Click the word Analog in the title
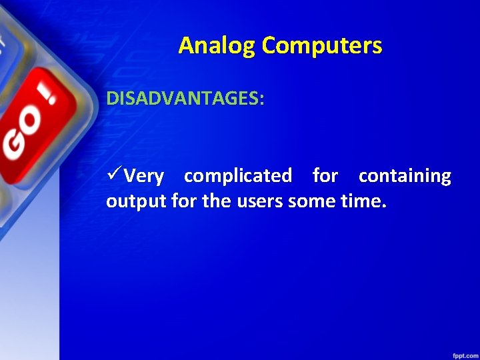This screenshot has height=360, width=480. [x=217, y=46]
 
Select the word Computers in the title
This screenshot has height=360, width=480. [x=322, y=46]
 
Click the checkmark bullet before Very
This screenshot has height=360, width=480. [x=114, y=175]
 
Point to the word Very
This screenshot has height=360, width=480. [x=144, y=177]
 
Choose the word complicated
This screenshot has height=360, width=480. [x=238, y=176]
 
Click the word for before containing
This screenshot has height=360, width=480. [x=325, y=176]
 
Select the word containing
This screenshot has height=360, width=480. [x=405, y=176]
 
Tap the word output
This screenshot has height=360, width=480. [x=136, y=201]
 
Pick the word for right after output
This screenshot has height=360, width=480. [x=184, y=201]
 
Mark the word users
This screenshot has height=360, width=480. [x=259, y=201]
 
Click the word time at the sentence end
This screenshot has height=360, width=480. [x=363, y=201]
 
